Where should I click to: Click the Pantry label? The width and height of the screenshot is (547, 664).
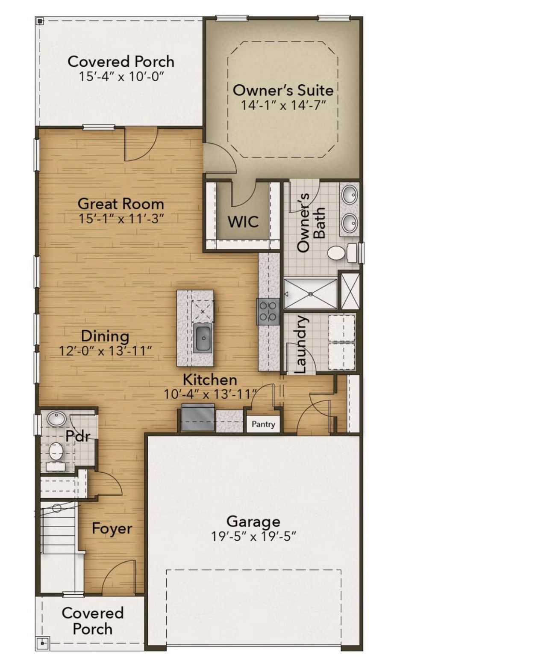pos(263,424)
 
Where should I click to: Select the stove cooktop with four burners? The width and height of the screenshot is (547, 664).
pos(268,311)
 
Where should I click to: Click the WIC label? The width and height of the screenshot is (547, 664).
pos(243,222)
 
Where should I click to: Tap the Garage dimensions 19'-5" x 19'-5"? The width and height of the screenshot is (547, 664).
pos(253,537)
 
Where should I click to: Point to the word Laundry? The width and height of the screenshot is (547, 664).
pos(301,344)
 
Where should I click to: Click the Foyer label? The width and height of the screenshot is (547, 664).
pos(112,528)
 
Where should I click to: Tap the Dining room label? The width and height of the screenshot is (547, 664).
pos(105,336)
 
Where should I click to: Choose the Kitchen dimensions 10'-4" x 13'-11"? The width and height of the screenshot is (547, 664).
pos(211,394)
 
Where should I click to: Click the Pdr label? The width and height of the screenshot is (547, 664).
pos(78,436)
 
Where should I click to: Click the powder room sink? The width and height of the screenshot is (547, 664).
pos(56,419)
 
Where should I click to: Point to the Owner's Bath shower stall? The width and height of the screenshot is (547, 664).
pos(310,293)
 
